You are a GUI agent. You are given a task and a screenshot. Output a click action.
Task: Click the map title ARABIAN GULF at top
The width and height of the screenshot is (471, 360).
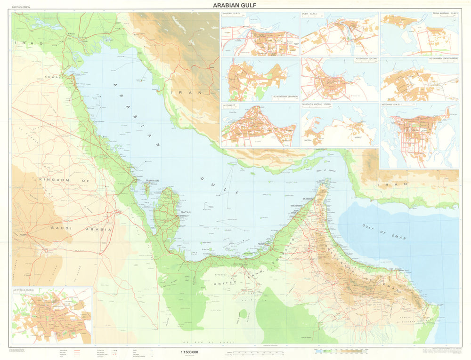point(235,6)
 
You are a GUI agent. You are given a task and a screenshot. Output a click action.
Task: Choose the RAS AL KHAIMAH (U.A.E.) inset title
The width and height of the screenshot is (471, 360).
point(445,14)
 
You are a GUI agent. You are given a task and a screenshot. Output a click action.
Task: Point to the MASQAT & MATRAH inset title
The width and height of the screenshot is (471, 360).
point(319,105)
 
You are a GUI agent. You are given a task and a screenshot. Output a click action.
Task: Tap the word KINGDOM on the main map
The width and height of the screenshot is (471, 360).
point(57,179)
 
